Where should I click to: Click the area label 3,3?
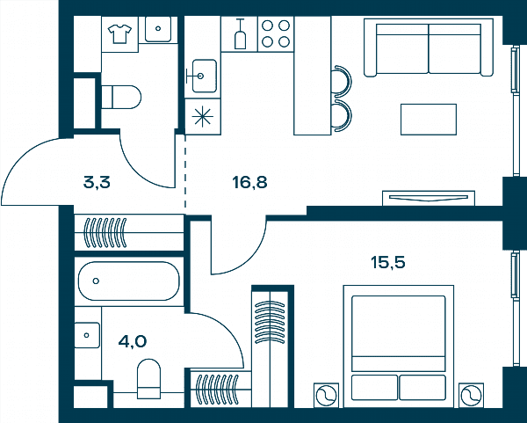pyautogui.click(x=97, y=183)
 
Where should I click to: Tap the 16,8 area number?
pyautogui.click(x=249, y=182)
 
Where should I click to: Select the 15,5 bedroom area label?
pyautogui.click(x=388, y=262)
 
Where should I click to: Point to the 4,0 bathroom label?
pyautogui.click(x=133, y=341)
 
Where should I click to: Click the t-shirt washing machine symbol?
pyautogui.click(x=119, y=33)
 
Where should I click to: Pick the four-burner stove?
pyautogui.click(x=276, y=34)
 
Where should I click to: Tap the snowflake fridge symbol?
pyautogui.click(x=202, y=117)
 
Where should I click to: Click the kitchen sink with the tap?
pyautogui.click(x=201, y=76)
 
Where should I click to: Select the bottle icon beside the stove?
pyautogui.click(x=240, y=34)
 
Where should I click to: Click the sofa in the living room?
pyautogui.click(x=429, y=47)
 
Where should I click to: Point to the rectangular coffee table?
pyautogui.click(x=429, y=120)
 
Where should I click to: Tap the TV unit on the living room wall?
pyautogui.click(x=429, y=198)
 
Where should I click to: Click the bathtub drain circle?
pyautogui.click(x=96, y=281)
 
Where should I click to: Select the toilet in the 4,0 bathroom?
pyautogui.click(x=149, y=378)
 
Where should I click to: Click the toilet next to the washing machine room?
pyautogui.click(x=121, y=97)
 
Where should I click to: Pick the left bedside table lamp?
pyautogui.click(x=327, y=395)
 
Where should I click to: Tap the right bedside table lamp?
pyautogui.click(x=471, y=395)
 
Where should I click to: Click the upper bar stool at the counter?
pyautogui.click(x=342, y=82)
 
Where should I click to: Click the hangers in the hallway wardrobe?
pyautogui.click(x=105, y=232)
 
